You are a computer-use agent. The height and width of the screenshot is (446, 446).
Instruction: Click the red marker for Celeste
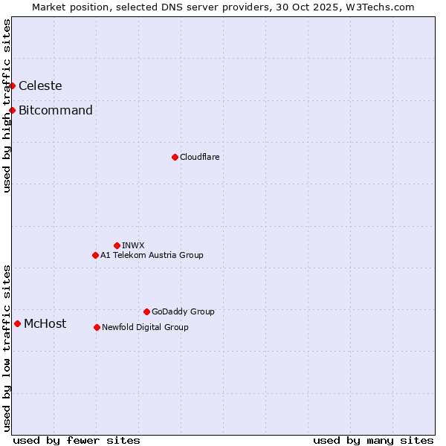12,85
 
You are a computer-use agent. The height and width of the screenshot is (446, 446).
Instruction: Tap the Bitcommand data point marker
12,111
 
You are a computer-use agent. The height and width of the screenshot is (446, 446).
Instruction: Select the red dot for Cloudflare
175,157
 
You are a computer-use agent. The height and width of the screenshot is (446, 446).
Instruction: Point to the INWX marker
117,245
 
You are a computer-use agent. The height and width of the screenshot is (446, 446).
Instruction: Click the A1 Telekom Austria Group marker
95,255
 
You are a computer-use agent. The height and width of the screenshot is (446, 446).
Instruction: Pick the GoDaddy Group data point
146,311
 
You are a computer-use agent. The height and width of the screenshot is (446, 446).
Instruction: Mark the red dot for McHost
17,323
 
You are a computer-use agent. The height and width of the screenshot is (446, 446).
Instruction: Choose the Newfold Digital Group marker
97,327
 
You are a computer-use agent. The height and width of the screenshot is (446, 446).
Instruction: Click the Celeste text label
40,85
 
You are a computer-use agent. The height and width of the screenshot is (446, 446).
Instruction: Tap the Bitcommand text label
56,111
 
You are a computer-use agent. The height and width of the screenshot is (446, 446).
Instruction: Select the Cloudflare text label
199,157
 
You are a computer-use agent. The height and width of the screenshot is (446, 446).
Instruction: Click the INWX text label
133,245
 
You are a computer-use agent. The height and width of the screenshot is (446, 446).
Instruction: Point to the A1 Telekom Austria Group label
152,255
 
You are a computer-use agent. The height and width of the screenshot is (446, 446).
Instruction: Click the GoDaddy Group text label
183,311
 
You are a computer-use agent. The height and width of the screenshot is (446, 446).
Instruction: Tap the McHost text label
45,323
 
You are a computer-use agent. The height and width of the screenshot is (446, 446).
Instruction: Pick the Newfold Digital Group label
145,327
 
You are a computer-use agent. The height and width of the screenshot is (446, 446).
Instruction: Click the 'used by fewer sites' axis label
77,440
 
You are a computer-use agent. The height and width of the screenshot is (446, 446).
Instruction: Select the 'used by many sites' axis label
373,440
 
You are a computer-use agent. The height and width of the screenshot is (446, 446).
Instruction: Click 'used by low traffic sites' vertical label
7,348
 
